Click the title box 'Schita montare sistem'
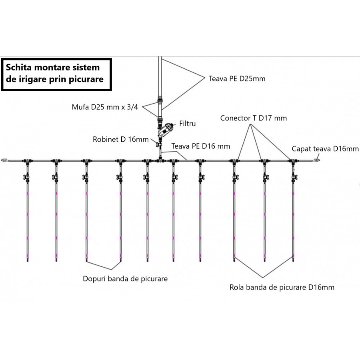pyautogui.click(x=56, y=75)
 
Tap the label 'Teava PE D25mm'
pyautogui.click(x=237, y=79)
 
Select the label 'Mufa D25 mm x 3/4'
pyautogui.click(x=105, y=107)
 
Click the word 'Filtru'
pyautogui.click(x=188, y=124)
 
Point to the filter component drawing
pyautogui.click(x=166, y=130)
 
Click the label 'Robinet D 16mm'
pyautogui.click(x=120, y=139)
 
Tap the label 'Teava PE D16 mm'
pyautogui.click(x=201, y=146)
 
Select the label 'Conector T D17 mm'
pyautogui.click(x=254, y=118)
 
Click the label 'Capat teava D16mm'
pyautogui.click(x=325, y=149)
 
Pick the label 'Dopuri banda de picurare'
pyautogui.click(x=125, y=279)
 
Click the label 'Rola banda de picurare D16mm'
pyautogui.click(x=282, y=287)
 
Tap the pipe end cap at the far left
pyautogui.click(x=5, y=160)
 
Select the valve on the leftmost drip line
pyautogui.click(x=26, y=178)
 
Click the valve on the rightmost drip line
pyautogui.click(x=294, y=178)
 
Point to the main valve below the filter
pyautogui.click(x=159, y=145)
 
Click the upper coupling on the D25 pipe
pyautogui.click(x=160, y=100)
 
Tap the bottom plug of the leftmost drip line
pyautogui.click(x=28, y=260)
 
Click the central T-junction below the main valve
pyautogui.click(x=160, y=161)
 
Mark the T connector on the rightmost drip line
pyautogui.click(x=293, y=162)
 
